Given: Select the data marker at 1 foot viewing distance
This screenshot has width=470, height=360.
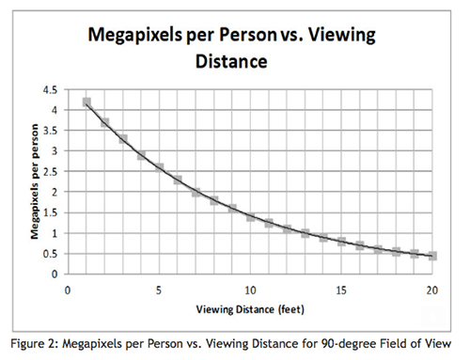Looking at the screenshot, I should coord(86,102).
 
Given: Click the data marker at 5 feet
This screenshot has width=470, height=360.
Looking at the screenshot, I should coord(159,168).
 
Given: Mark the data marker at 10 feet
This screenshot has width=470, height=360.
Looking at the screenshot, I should coord(250,217).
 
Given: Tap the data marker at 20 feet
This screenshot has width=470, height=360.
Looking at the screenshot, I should coord(432,256).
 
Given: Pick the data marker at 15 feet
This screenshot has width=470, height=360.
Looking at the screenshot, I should coord(341,243).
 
